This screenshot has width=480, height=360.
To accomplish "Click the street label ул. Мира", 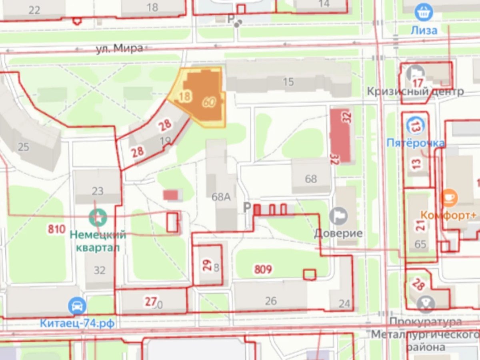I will coord(119,49).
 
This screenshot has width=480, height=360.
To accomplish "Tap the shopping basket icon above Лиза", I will coord(423,12).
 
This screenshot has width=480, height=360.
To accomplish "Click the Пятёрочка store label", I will coord(416,143).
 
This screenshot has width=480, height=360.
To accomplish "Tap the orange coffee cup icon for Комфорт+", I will coord(449,198).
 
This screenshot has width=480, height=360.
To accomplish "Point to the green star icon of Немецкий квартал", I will coord(98,217).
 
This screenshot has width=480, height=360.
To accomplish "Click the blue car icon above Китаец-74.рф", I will coord(77,306).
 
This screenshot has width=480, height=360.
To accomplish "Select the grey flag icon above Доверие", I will coord(338,216).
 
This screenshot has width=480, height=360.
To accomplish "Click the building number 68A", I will coord(221,196).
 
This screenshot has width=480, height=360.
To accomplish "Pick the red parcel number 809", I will coord(263,269).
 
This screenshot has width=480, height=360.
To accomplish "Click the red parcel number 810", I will coord(56,229).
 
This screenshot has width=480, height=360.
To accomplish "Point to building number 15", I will coord(288,82).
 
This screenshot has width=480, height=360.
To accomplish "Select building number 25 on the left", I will coord(24,147).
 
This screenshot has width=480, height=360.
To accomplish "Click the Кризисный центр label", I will coord(415,91).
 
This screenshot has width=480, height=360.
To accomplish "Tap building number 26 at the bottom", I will coord(271,301).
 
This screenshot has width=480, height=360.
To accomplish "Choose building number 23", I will coord(97,191).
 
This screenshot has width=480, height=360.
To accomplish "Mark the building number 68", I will coord(311,179).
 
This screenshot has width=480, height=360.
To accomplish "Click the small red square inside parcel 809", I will coord(309,274).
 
